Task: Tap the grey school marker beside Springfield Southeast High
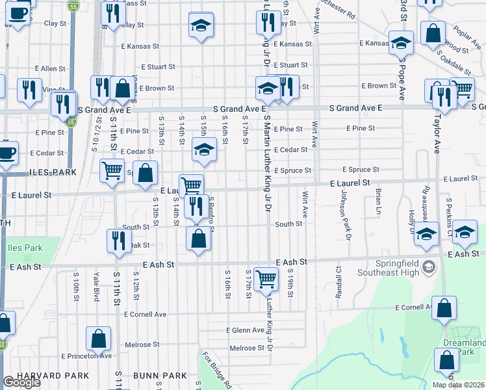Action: [429, 266]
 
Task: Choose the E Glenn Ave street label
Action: [246, 330]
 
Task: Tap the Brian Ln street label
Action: [377, 201]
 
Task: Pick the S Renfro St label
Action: [212, 214]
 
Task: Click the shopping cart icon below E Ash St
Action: [266, 279]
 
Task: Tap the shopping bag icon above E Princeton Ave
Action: [98, 338]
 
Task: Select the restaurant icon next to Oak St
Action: [118, 239]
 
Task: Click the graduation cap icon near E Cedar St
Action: [203, 150]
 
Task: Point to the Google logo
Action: [22, 382]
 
